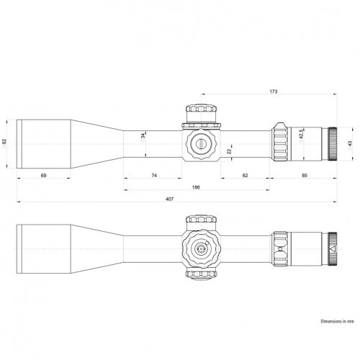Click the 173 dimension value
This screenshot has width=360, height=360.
(x=272, y=93)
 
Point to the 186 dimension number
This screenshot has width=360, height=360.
(x=196, y=186)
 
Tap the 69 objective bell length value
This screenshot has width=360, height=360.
(x=43, y=175)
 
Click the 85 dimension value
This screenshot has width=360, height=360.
(x=305, y=175)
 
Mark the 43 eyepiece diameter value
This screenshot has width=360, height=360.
(x=351, y=144)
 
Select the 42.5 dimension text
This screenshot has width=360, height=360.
(x=302, y=134)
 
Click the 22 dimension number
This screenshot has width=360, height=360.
(x=229, y=150)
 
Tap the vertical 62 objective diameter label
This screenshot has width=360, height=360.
(x=5, y=141)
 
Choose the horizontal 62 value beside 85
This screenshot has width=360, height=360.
(x=246, y=175)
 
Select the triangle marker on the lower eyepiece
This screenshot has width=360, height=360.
(x=332, y=249)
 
